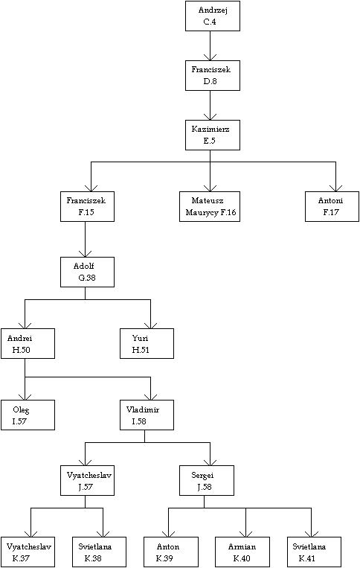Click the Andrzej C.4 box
pos(213,16)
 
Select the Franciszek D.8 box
pos(213,75)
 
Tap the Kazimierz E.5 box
pos(213,135)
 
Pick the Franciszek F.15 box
pos(87,206)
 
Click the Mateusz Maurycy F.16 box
pos(210,206)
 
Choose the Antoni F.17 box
pos(332,206)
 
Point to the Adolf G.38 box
pos(87,272)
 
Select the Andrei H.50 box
pos(28,343)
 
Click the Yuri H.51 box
pos(147,343)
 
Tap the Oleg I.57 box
pos(28,415)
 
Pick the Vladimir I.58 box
pos(147,415)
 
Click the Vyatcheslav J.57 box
pos(87,481)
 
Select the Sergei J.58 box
pos(207,481)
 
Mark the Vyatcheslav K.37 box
pos(28,552)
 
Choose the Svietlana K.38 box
pos(99,552)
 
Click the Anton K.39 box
pos(171,552)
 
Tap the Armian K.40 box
pos(242,552)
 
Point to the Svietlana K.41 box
pos(314,552)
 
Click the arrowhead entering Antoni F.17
pos(335,188)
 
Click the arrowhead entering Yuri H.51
pos(150,325)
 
